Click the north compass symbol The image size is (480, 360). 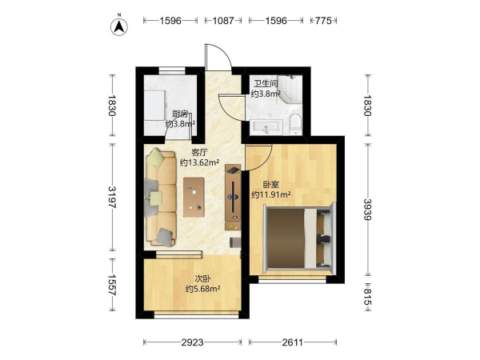[x=119, y=26]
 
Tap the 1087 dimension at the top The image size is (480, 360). [x=223, y=21]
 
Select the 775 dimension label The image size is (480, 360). [x=323, y=21]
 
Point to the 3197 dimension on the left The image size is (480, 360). [x=112, y=197]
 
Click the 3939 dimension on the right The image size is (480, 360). [x=368, y=210]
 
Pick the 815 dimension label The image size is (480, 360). [x=368, y=298]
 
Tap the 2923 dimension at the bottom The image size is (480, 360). [x=192, y=342]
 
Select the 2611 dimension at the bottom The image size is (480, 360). [x=293, y=342]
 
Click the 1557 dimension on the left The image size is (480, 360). [x=112, y=285]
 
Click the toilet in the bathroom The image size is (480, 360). [x=295, y=124]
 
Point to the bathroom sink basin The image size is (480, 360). [x=266, y=127]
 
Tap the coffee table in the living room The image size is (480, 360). [x=194, y=197]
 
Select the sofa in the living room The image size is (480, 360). [x=161, y=198]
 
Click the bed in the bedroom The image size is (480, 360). [x=300, y=238]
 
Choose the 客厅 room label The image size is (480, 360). [x=199, y=152]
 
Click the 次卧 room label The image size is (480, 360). [x=202, y=279]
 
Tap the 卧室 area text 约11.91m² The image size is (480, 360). [x=271, y=194]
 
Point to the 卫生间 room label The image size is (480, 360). [x=266, y=83]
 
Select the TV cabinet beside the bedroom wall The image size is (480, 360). [x=233, y=197]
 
